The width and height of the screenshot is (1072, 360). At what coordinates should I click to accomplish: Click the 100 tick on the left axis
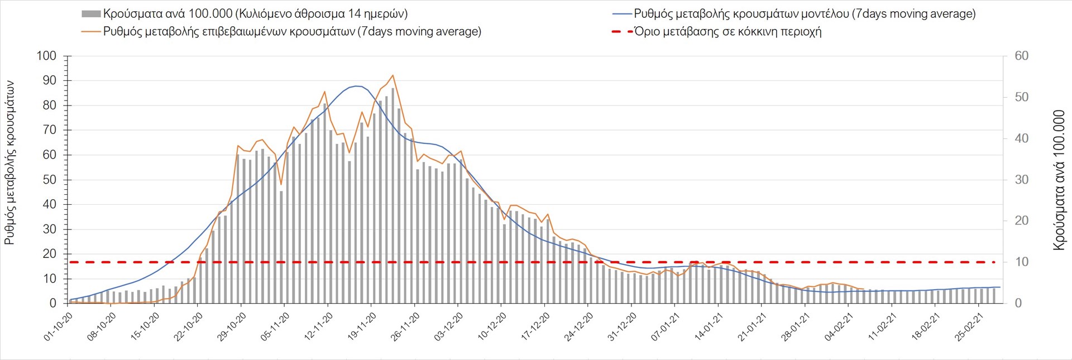[x=46, y=56]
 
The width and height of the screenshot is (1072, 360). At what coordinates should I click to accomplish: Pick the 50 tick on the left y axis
[x=50, y=180]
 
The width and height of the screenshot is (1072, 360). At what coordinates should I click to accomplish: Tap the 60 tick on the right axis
[x=1022, y=56]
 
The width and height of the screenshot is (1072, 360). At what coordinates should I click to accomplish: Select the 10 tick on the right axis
[x=1022, y=262]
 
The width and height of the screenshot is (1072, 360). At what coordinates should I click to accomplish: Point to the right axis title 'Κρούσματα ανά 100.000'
[x=1059, y=180]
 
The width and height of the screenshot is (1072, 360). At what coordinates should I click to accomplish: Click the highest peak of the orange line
[x=393, y=75]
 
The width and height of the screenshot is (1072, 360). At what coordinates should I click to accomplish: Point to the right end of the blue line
[x=1000, y=287]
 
